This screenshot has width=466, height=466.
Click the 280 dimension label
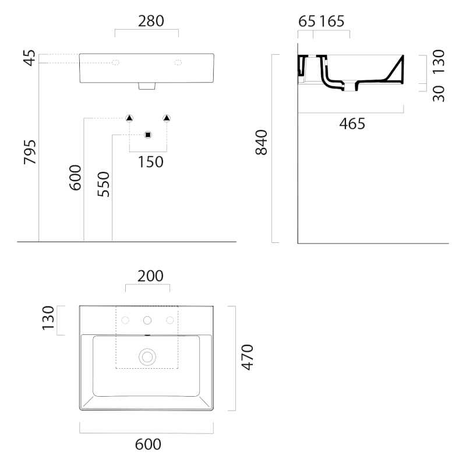click(151, 21)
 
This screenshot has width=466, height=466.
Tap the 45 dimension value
click(30, 58)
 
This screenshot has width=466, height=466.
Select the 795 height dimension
click(30, 152)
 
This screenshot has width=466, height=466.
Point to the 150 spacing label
click(151, 162)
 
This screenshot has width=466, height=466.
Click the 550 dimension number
click(104, 184)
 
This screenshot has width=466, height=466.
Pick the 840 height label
click(262, 142)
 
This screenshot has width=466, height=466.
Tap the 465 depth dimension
click(352, 123)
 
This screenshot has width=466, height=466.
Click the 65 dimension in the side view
click(307, 22)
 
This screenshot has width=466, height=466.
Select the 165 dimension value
click(332, 22)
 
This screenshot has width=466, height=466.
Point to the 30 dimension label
click(439, 94)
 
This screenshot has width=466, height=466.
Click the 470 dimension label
click(247, 357)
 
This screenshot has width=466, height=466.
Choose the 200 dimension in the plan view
click(150, 276)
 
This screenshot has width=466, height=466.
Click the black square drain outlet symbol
click(148, 135)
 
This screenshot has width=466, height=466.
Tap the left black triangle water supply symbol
click(129, 118)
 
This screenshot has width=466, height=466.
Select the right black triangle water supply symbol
click(167, 118)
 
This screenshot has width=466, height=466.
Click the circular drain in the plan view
click(147, 357)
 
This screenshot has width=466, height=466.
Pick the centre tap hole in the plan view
click(147, 320)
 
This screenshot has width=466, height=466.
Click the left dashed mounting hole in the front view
click(115, 62)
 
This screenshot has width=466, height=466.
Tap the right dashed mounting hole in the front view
click(178, 62)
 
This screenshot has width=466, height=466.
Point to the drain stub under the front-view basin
click(147, 86)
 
